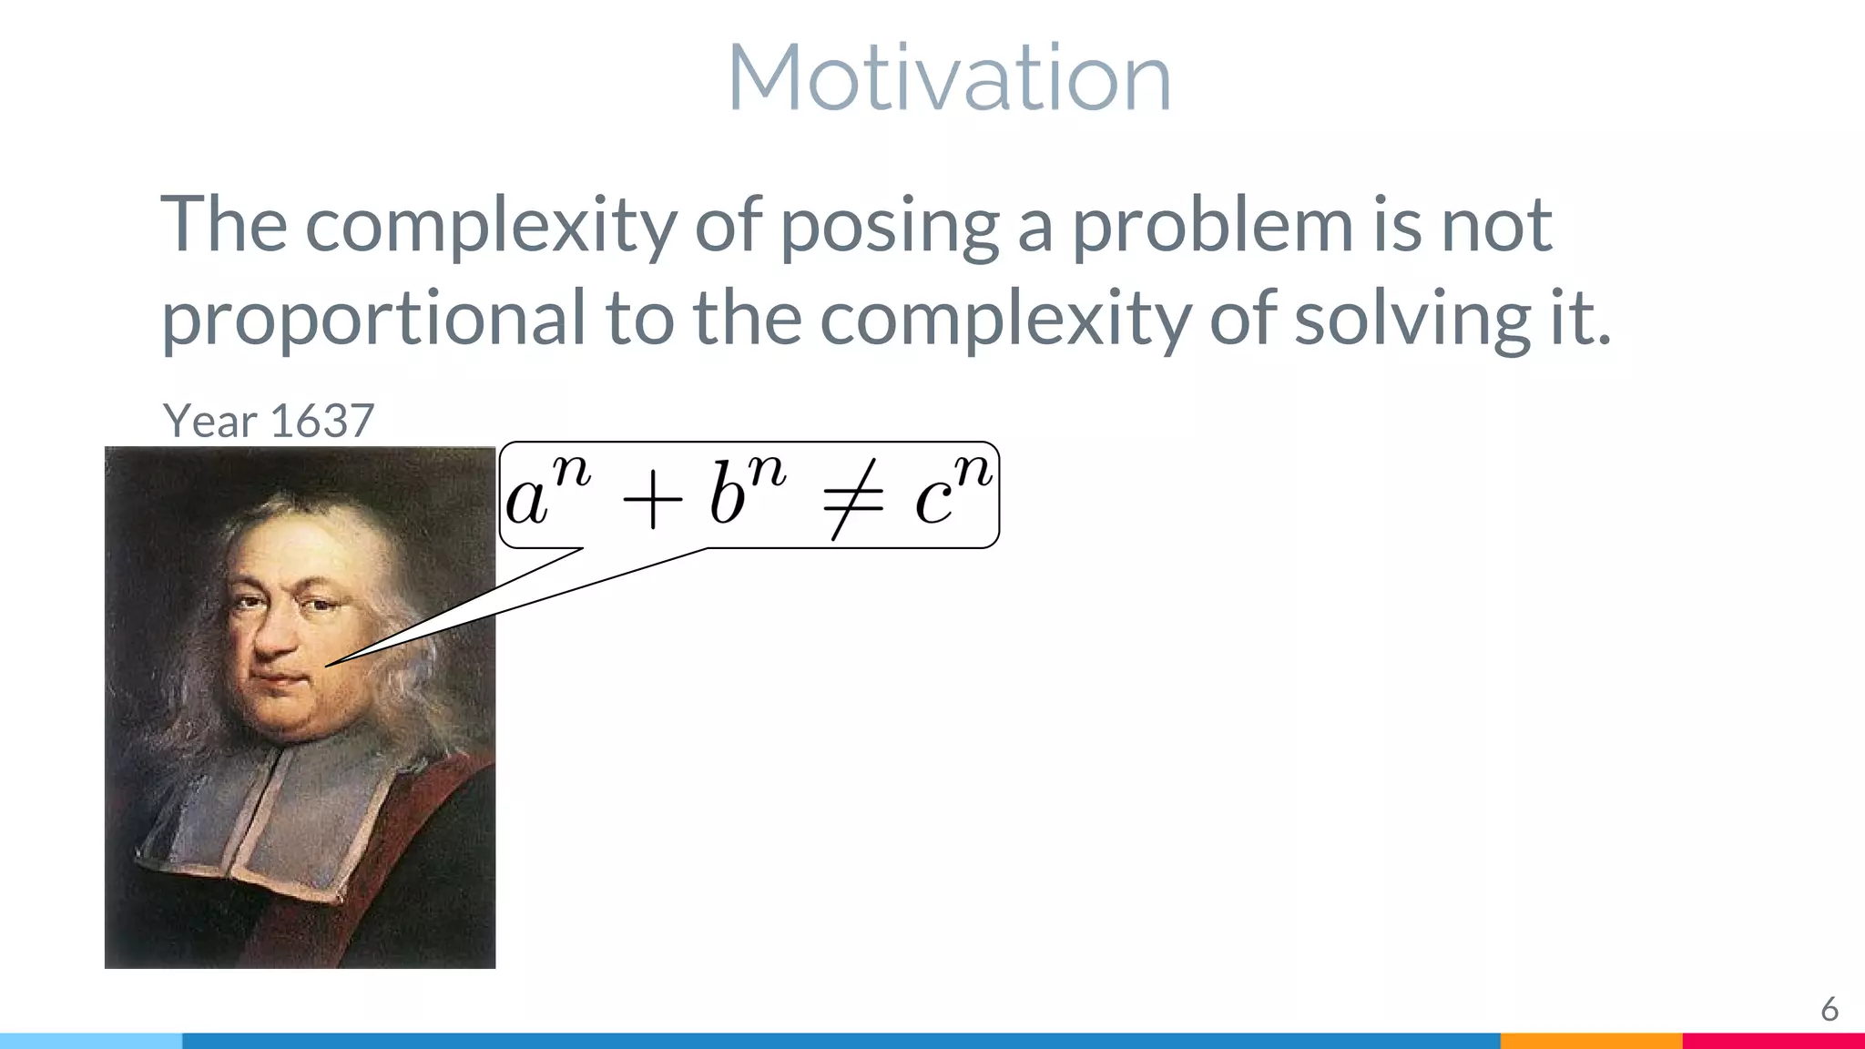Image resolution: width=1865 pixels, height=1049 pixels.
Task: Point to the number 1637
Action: pyautogui.click(x=322, y=421)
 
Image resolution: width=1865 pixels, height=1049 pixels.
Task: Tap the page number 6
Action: pyautogui.click(x=1829, y=1010)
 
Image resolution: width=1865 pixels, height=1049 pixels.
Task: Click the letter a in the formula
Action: pyautogui.click(x=527, y=502)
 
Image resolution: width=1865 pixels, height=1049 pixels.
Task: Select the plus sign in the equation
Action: pyautogui.click(x=651, y=502)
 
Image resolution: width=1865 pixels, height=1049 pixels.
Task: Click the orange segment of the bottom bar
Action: pyautogui.click(x=1590, y=1041)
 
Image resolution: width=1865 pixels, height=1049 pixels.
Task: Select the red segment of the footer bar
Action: pyautogui.click(x=1772, y=1041)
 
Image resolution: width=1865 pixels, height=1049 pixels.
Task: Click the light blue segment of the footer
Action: pyautogui.click(x=91, y=1041)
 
